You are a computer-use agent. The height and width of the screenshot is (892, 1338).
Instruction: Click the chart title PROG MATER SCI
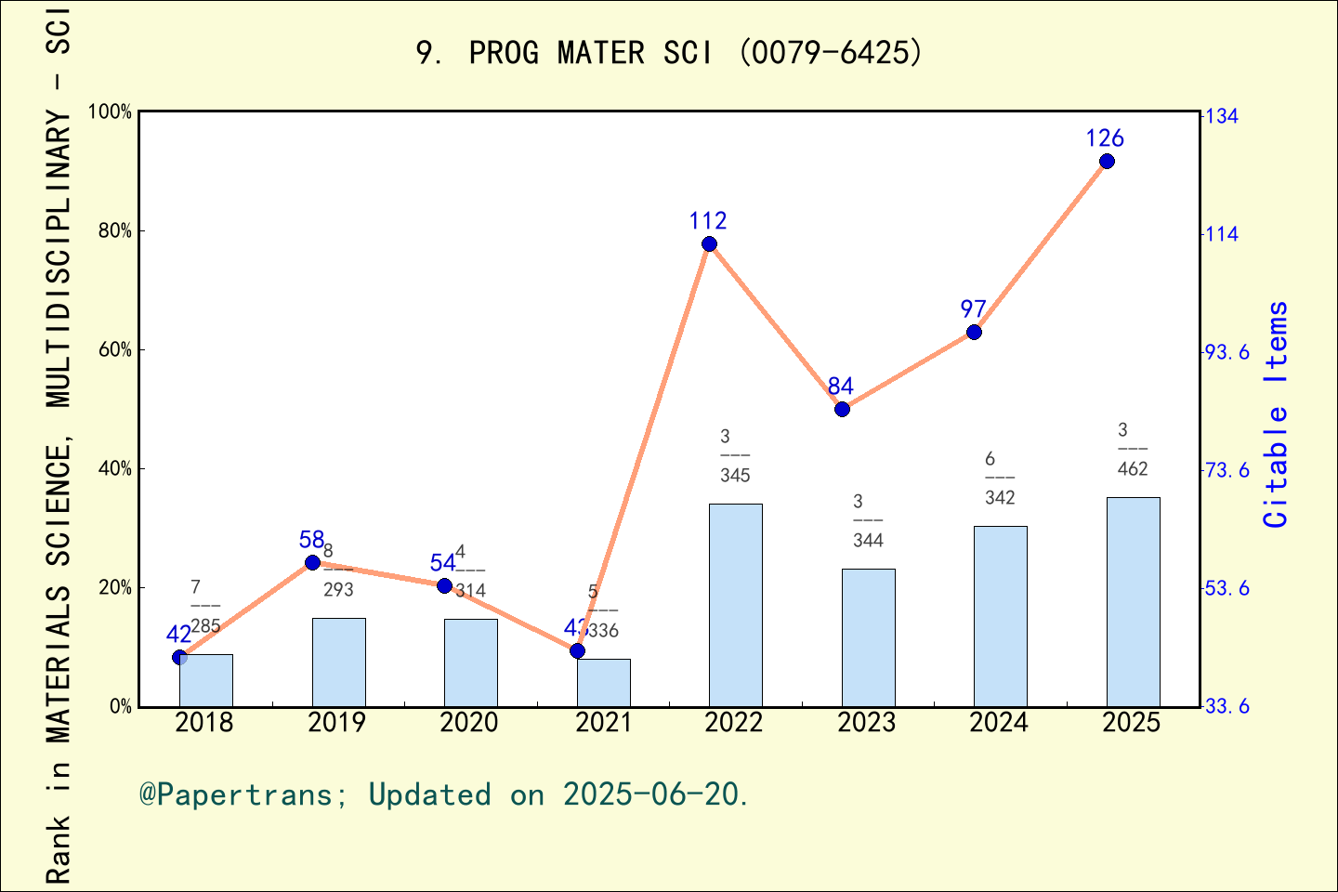click(x=669, y=53)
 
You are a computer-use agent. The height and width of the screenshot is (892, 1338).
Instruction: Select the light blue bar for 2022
click(x=735, y=604)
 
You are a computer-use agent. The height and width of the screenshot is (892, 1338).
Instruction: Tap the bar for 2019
click(x=338, y=662)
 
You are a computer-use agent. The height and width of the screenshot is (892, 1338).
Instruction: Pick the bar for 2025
click(x=1133, y=601)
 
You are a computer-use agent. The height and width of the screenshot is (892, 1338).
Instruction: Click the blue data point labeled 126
click(x=1107, y=162)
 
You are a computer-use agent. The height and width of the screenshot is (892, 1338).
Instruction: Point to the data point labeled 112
click(x=709, y=244)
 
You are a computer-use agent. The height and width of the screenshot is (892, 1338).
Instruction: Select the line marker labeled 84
click(x=842, y=409)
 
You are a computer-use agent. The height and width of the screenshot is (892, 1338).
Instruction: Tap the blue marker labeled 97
click(x=974, y=332)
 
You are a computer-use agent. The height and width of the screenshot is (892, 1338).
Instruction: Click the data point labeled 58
click(x=312, y=562)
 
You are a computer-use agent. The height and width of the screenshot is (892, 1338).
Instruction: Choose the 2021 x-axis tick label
click(x=603, y=723)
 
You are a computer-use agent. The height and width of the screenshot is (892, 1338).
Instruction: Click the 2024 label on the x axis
click(x=999, y=723)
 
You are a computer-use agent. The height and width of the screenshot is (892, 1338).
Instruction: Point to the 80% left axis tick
click(x=114, y=230)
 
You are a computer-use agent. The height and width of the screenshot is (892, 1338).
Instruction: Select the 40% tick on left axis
click(x=114, y=468)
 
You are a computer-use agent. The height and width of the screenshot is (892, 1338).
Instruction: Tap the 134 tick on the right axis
click(x=1222, y=116)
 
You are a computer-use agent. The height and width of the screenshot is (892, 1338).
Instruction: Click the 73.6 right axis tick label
click(x=1227, y=470)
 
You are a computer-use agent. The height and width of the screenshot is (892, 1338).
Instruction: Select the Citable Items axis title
click(x=1277, y=414)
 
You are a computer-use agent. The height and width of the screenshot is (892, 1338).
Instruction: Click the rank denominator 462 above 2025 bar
click(x=1133, y=469)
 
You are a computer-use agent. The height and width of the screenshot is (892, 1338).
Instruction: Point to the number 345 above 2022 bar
click(x=735, y=476)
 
